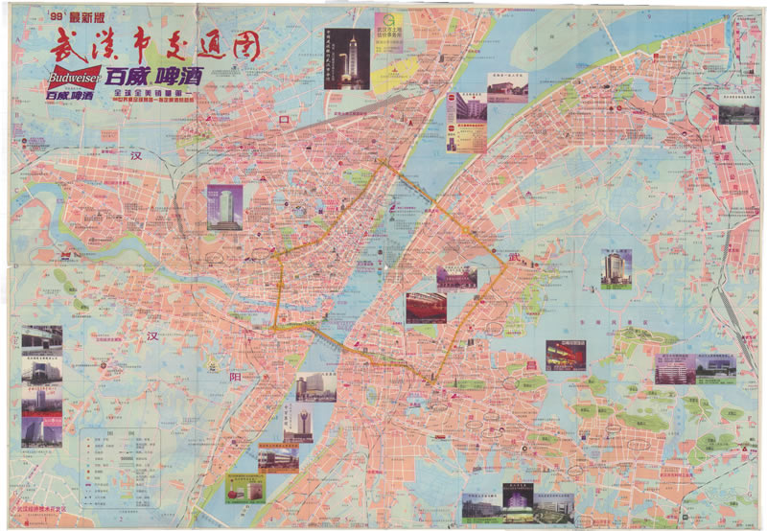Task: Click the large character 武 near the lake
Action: point(517,256)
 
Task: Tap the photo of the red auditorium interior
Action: point(426,308)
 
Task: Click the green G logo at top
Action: point(390,23)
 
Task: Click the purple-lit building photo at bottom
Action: point(519,504)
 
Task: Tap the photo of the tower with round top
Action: point(298,423)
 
